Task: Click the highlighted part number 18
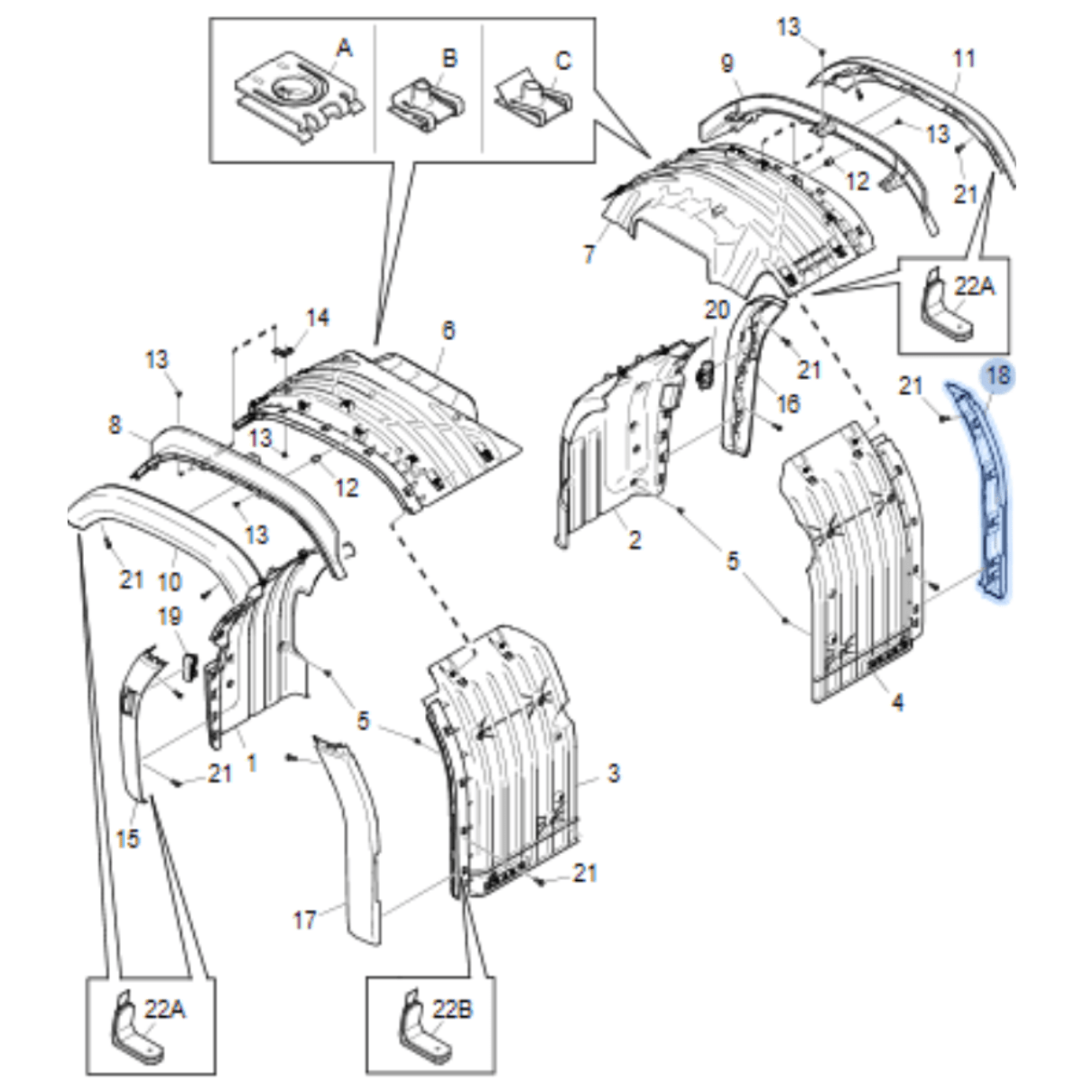[x=998, y=375]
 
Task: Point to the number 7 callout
[x=589, y=255]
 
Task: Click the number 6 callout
[x=448, y=330]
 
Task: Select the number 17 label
[x=304, y=921]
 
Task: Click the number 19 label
[x=170, y=616]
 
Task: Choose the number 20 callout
[x=717, y=310]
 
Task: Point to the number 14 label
[x=318, y=318]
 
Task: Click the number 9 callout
[x=727, y=63]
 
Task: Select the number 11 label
[x=964, y=59]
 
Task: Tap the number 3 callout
[x=614, y=773]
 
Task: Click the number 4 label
[x=898, y=702]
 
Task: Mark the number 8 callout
[x=115, y=425]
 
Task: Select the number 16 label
[x=788, y=403]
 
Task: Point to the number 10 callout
[x=170, y=581]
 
